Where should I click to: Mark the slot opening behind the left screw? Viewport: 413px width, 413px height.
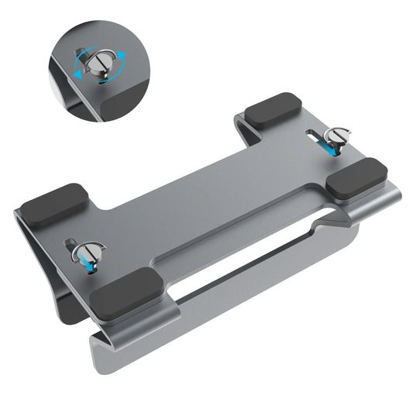click(x=74, y=242)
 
